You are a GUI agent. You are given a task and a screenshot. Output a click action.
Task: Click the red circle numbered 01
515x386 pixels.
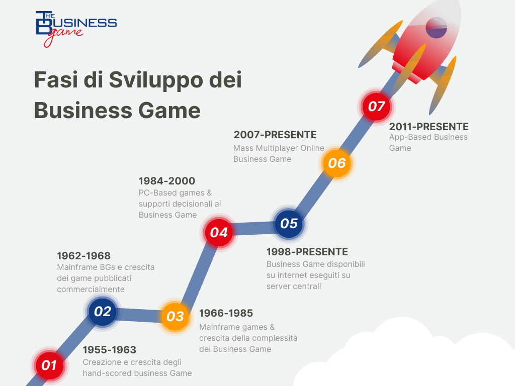[49, 365]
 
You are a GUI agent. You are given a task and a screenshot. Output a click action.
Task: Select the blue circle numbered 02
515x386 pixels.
[103, 312]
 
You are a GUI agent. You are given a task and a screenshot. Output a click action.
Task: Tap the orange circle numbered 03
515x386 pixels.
[175, 317]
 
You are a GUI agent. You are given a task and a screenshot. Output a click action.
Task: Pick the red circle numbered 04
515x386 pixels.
[219, 232]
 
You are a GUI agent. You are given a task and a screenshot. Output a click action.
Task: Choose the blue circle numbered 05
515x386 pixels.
[289, 224]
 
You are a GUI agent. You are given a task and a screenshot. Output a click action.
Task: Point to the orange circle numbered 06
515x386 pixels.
[337, 163]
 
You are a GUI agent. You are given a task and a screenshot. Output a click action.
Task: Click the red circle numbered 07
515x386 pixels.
[376, 107]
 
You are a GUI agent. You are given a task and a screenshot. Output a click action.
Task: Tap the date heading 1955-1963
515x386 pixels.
[109, 350]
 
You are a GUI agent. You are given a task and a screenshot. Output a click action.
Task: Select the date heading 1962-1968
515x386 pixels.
[84, 256]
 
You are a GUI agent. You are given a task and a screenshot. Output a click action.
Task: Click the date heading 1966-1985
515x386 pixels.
[226, 313]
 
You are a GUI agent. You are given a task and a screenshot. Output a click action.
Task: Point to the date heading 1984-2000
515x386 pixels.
[167, 181]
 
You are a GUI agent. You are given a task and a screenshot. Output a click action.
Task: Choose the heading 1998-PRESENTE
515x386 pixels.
[307, 252]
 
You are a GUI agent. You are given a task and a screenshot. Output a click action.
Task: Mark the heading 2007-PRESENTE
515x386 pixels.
[275, 135]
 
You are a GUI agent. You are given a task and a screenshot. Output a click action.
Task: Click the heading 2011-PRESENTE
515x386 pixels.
[428, 127]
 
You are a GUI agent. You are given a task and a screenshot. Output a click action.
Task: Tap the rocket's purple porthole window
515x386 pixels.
[436, 28]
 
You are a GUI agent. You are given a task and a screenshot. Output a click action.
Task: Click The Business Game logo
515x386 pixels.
[76, 29]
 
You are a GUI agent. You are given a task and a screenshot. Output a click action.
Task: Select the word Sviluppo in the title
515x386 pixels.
[156, 80]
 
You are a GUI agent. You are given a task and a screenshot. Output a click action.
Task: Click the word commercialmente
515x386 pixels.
[91, 289]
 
